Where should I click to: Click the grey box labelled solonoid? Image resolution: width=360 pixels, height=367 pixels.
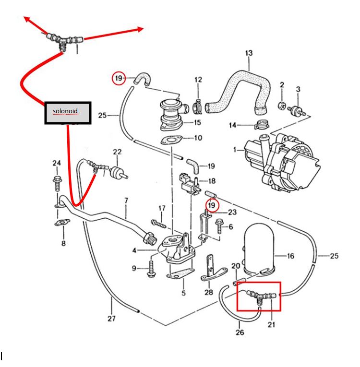coord(68,113)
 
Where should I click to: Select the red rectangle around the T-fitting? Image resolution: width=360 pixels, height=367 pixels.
coord(259,296)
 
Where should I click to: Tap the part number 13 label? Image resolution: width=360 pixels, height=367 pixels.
coord(249,53)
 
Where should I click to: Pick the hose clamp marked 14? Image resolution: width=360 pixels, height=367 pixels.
coord(261,126)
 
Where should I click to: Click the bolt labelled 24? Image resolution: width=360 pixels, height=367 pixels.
coord(57,182)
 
